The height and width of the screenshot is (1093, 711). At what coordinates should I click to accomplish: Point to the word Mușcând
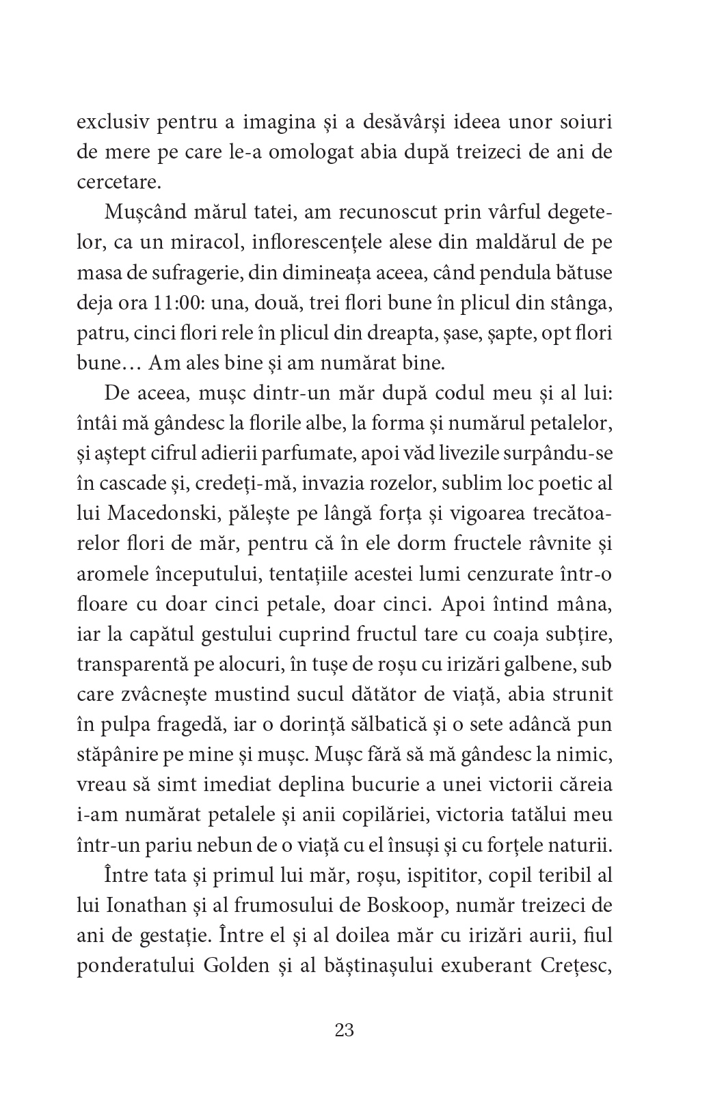[x=137, y=213]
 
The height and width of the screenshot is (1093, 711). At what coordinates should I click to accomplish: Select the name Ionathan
[x=145, y=906]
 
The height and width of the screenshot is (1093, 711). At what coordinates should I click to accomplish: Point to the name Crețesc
[x=570, y=966]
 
